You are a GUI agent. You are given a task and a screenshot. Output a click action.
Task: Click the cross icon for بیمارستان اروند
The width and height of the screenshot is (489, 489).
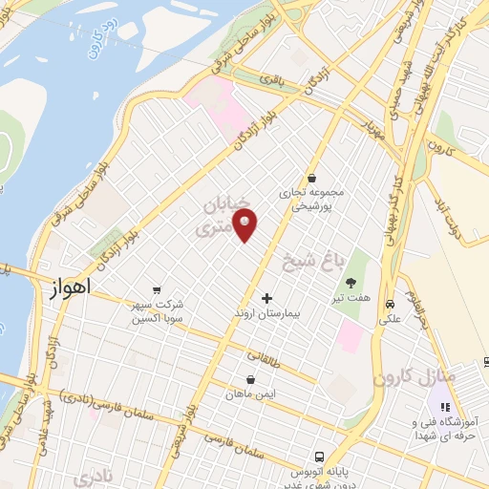pos(266,299)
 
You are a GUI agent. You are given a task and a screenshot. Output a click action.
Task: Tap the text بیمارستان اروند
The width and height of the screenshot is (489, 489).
pos(266,313)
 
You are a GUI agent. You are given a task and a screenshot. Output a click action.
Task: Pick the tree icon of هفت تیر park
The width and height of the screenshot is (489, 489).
pos(351,282)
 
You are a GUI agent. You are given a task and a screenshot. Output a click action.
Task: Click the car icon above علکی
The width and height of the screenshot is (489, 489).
pos(389,305)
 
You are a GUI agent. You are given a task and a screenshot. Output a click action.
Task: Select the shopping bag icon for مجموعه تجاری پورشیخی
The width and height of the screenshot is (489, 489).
pos(312,177)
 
